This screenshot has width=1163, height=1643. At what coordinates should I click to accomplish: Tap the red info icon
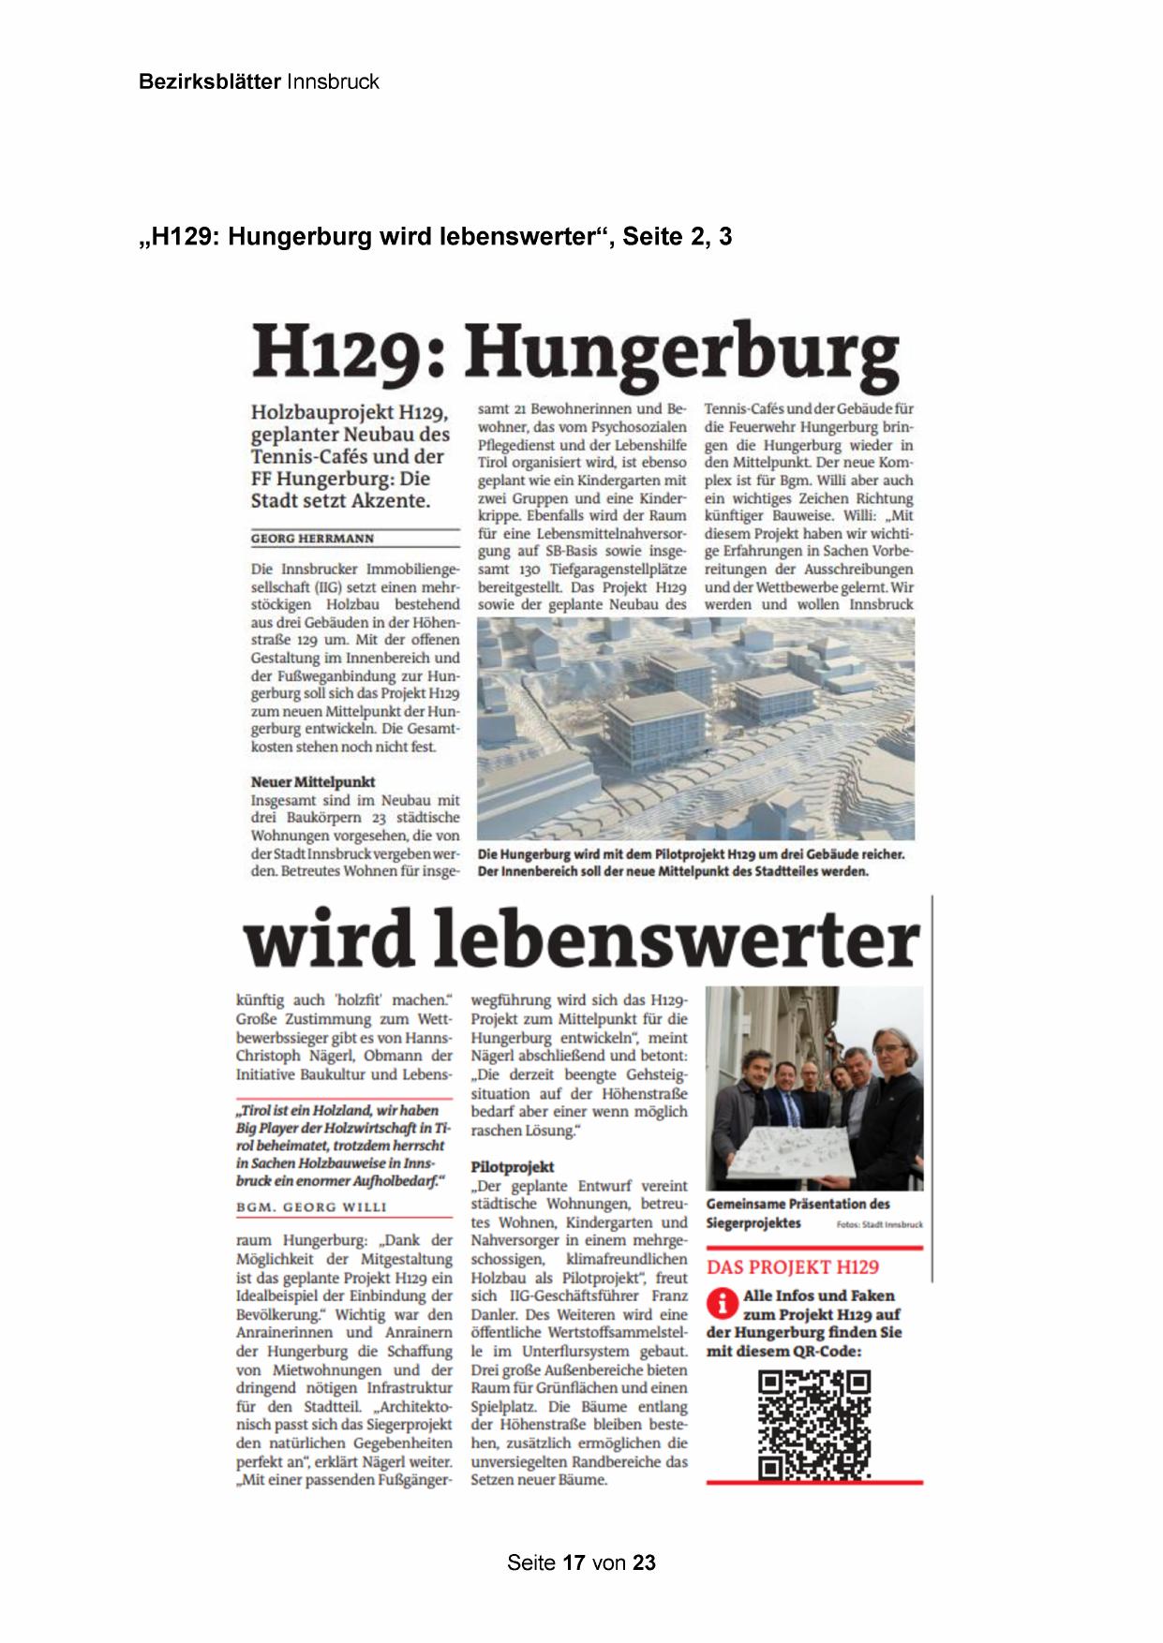click(722, 1303)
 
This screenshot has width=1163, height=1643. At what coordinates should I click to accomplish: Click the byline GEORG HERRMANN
click(312, 539)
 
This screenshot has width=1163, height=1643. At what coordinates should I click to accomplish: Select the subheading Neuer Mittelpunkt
click(313, 781)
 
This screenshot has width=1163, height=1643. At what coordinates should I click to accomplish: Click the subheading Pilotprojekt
click(513, 1166)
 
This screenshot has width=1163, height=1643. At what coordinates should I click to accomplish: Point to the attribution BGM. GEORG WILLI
click(311, 1207)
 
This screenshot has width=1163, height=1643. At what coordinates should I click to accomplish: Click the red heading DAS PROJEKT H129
click(792, 1267)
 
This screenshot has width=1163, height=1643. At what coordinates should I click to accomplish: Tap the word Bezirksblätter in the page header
click(209, 81)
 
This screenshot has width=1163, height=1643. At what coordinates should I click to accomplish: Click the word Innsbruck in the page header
click(333, 81)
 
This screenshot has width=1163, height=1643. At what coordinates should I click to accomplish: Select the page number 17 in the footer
click(574, 1562)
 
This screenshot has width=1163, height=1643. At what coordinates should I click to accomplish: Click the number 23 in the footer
click(644, 1562)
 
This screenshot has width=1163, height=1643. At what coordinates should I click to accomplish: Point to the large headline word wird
click(328, 940)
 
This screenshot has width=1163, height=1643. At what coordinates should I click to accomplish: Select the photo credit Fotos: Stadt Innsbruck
click(879, 1224)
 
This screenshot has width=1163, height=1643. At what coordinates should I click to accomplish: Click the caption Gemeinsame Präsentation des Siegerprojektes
click(797, 1213)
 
